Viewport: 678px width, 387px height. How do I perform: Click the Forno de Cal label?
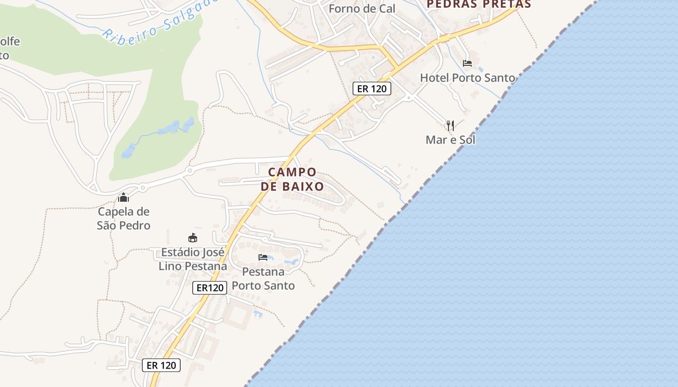click(x=362, y=8)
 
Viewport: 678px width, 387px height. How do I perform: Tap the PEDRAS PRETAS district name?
click(x=478, y=4)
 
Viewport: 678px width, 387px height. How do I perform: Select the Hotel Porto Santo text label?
click(x=467, y=77)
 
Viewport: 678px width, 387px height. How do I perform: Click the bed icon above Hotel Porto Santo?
click(x=467, y=63)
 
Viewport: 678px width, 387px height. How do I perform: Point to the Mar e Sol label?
click(x=450, y=140)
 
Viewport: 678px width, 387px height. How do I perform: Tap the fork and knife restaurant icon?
click(x=450, y=126)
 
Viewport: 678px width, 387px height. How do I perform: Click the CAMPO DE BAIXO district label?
click(x=292, y=179)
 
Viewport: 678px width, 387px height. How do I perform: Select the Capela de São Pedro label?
click(x=123, y=218)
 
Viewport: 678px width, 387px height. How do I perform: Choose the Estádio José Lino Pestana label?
click(x=193, y=259)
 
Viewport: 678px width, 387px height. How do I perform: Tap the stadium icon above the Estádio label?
click(x=193, y=238)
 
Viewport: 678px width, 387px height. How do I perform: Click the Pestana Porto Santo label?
click(x=263, y=278)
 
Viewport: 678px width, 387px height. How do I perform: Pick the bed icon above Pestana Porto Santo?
click(x=263, y=257)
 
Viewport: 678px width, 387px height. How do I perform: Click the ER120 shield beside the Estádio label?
click(x=210, y=288)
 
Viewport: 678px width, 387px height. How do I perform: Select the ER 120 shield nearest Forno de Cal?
click(x=371, y=89)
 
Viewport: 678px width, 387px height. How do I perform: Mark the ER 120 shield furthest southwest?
click(x=161, y=365)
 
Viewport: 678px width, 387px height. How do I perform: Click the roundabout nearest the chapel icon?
click(x=142, y=187)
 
